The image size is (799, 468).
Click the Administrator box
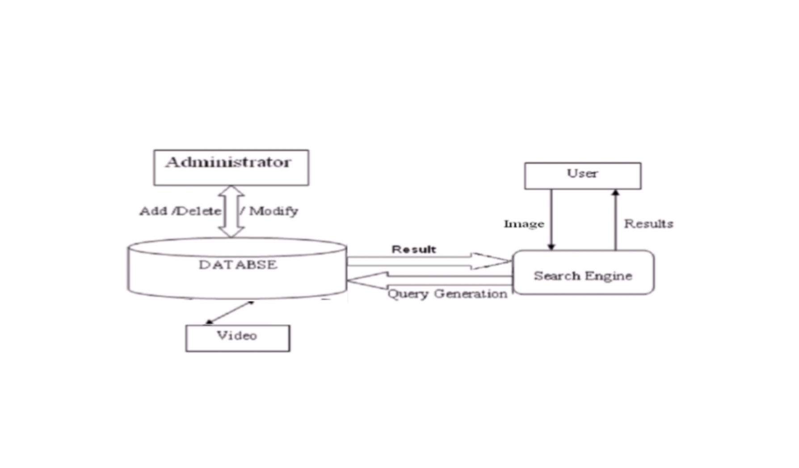231,167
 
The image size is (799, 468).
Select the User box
582,175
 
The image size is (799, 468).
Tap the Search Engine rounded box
583,272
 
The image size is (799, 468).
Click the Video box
237,338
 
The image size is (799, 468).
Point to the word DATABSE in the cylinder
238,265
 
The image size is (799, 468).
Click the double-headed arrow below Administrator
231,211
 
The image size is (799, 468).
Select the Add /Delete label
180,211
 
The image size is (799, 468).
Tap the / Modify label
270,211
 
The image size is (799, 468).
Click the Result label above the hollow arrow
413,249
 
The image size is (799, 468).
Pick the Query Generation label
447,294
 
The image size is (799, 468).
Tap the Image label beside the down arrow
524,224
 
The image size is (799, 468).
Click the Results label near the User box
648,224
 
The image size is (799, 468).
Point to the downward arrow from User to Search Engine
551,219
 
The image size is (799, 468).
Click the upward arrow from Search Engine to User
615,219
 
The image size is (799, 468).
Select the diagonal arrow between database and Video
230,312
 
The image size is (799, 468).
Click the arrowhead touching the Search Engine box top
551,247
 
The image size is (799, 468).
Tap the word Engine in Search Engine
610,276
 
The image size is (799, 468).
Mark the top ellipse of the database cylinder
237,247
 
